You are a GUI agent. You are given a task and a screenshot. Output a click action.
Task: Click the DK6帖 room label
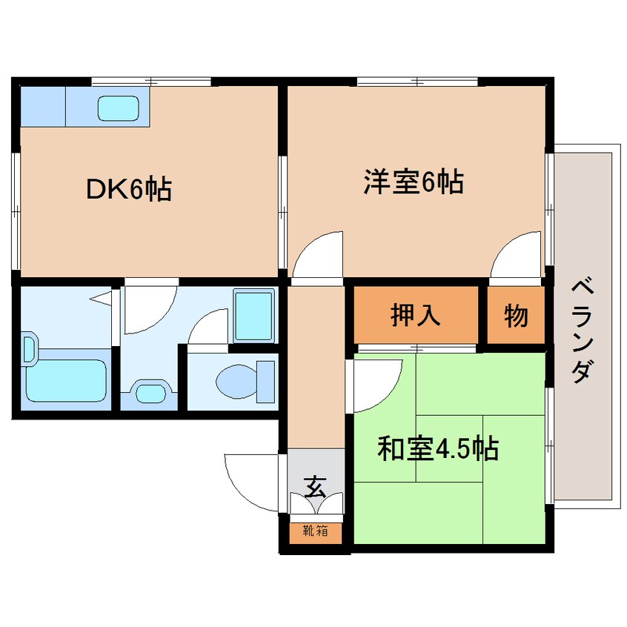pyautogui.click(x=129, y=189)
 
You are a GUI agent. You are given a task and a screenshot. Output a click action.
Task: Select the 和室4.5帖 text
pyautogui.click(x=438, y=448)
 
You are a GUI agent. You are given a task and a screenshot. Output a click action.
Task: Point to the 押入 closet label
pyautogui.click(x=416, y=315)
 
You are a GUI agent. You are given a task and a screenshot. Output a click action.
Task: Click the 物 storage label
pyautogui.click(x=516, y=316)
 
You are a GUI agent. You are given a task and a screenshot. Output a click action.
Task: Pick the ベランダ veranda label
pyautogui.click(x=583, y=331)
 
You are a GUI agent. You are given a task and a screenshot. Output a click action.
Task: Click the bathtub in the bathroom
pyautogui.click(x=67, y=380)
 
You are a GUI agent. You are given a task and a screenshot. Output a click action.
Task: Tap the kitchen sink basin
pyautogui.click(x=119, y=108)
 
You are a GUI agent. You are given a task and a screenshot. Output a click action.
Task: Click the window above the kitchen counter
pyautogui.click(x=151, y=82)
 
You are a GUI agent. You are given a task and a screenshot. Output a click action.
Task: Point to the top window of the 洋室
pyautogui.click(x=417, y=82)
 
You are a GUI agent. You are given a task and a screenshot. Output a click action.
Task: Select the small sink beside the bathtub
pyautogui.click(x=30, y=348)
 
